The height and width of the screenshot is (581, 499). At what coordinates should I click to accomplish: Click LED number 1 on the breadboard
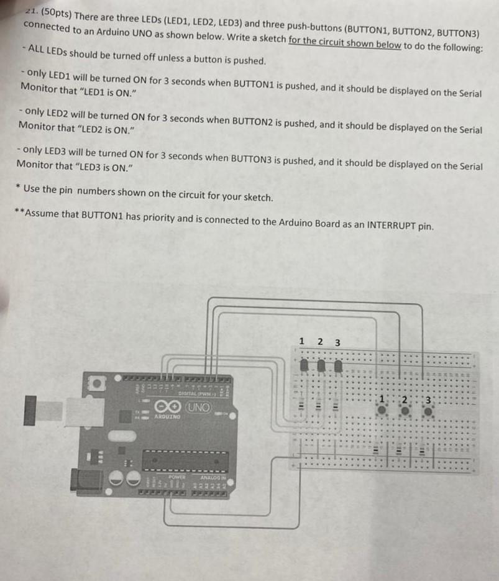pos(303,366)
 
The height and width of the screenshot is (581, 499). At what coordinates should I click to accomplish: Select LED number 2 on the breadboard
pos(321,366)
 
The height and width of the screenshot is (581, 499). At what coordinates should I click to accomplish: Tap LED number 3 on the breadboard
pos(338,366)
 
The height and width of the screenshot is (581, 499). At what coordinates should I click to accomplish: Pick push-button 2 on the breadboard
pos(405,411)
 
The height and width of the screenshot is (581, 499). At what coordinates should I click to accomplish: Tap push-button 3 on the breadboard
pos(428,411)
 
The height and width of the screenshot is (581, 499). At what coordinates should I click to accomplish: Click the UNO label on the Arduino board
pos(199,408)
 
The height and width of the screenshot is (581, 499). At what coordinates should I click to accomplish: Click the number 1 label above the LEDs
pos(302,341)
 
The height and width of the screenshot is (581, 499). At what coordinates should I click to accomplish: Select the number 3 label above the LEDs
pos(337,342)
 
